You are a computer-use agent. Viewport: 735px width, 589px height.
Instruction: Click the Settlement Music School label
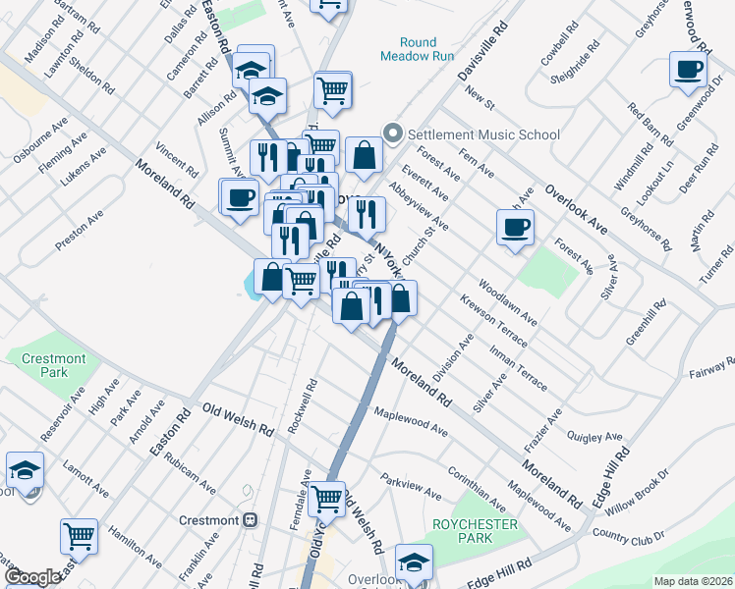(483, 134)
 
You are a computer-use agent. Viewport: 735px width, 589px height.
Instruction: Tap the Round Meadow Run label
(418, 49)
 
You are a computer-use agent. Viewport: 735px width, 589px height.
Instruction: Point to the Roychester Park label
(462, 531)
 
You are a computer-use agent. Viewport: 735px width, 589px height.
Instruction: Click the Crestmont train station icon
(251, 519)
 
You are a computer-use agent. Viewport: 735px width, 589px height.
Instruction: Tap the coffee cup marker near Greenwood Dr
(687, 69)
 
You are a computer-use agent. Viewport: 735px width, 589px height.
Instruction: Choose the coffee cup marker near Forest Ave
(515, 228)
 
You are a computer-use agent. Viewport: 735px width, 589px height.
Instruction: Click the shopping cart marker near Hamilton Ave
(79, 536)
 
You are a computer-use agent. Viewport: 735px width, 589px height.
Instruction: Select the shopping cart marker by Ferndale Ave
(327, 498)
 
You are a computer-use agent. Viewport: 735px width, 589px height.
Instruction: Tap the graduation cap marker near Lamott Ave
(25, 469)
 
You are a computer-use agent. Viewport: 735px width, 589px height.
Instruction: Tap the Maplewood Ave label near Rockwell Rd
(411, 424)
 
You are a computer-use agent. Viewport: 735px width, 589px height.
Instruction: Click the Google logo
(33, 577)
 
